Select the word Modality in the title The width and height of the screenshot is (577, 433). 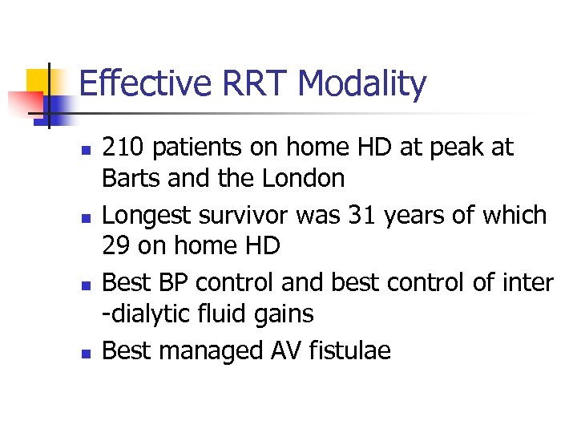pos(361,84)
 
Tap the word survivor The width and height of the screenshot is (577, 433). pos(248,216)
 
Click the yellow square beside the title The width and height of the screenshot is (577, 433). pos(39,81)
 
